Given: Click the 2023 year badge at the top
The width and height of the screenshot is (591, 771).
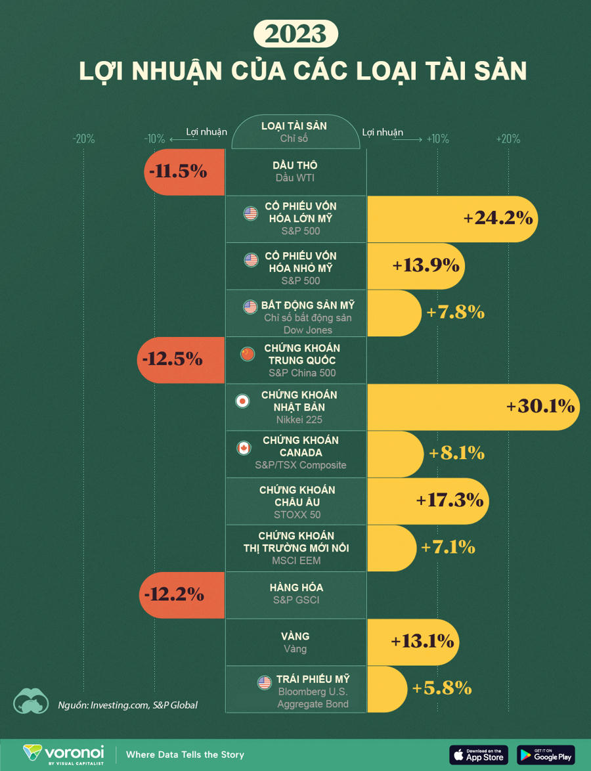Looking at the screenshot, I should tap(295, 33).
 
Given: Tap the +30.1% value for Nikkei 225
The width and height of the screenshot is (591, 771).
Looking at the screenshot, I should tap(540, 407).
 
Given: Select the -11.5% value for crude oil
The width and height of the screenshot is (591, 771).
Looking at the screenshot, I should tap(178, 171).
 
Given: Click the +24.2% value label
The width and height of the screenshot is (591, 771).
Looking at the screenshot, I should tap(498, 218).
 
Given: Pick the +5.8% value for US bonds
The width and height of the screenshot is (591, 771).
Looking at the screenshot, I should tap(442, 688).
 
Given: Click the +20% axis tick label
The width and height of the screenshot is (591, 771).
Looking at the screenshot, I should tap(508, 139).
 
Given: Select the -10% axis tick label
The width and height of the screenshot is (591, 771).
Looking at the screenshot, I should tap(154, 139).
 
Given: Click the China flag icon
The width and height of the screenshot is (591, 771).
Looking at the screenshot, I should tap(247, 354).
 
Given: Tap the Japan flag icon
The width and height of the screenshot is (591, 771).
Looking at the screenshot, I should tap(242, 401).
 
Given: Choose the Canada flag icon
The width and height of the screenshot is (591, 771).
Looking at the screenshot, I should tap(244, 448).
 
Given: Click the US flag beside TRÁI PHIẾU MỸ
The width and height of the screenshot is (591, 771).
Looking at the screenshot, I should tap(265, 682).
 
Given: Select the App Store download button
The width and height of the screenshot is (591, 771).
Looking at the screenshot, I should tap(479, 755).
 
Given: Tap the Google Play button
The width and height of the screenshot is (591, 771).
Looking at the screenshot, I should tap(546, 755).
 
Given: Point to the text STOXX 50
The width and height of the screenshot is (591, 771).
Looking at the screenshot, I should tap(297, 515).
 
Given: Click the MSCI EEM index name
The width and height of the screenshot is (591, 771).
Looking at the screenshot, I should tap(297, 562).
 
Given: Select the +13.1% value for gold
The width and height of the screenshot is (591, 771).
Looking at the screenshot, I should tap(422, 641).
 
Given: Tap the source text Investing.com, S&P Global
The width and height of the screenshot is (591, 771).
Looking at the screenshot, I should tap(143, 705).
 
